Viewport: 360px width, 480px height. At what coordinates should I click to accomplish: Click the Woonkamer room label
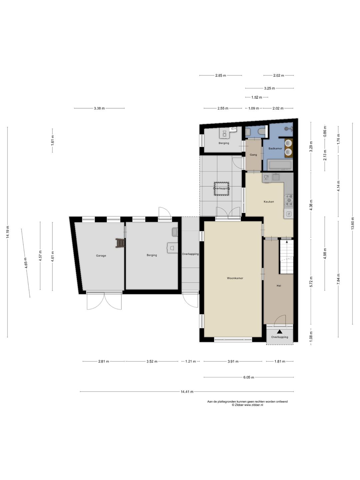[235, 278]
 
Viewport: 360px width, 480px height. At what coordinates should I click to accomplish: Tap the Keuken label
[269, 201]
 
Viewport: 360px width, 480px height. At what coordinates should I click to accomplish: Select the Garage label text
[101, 255]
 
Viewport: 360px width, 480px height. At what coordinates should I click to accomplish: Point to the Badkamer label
[275, 148]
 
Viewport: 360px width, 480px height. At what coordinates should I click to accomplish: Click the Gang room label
[253, 155]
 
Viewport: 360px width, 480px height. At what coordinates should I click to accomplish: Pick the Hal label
[279, 286]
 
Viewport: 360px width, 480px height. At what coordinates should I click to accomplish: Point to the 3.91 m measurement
[233, 361]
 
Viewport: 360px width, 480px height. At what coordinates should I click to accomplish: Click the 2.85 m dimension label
[221, 75]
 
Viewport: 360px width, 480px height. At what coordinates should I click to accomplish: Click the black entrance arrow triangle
[280, 332]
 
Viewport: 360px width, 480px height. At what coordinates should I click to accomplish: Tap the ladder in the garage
[120, 243]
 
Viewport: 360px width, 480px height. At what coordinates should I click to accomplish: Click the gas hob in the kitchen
[289, 200]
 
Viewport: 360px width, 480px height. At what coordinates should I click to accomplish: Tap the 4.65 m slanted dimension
[26, 263]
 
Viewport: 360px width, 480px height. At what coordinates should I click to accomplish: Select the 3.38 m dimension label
[99, 108]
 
